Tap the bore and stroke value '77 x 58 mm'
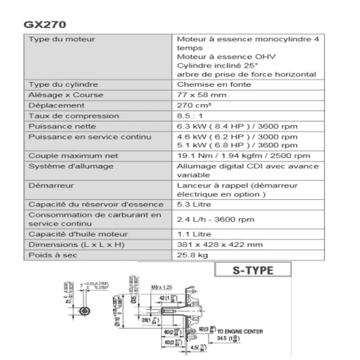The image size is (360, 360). click(200, 94)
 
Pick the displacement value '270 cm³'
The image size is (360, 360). click(195, 104)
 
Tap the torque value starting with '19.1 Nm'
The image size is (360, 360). click(232, 157)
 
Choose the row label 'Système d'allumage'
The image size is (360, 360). click(65, 167)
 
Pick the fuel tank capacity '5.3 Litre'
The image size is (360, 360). click(193, 205)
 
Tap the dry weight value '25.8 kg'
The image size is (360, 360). click(192, 256)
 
